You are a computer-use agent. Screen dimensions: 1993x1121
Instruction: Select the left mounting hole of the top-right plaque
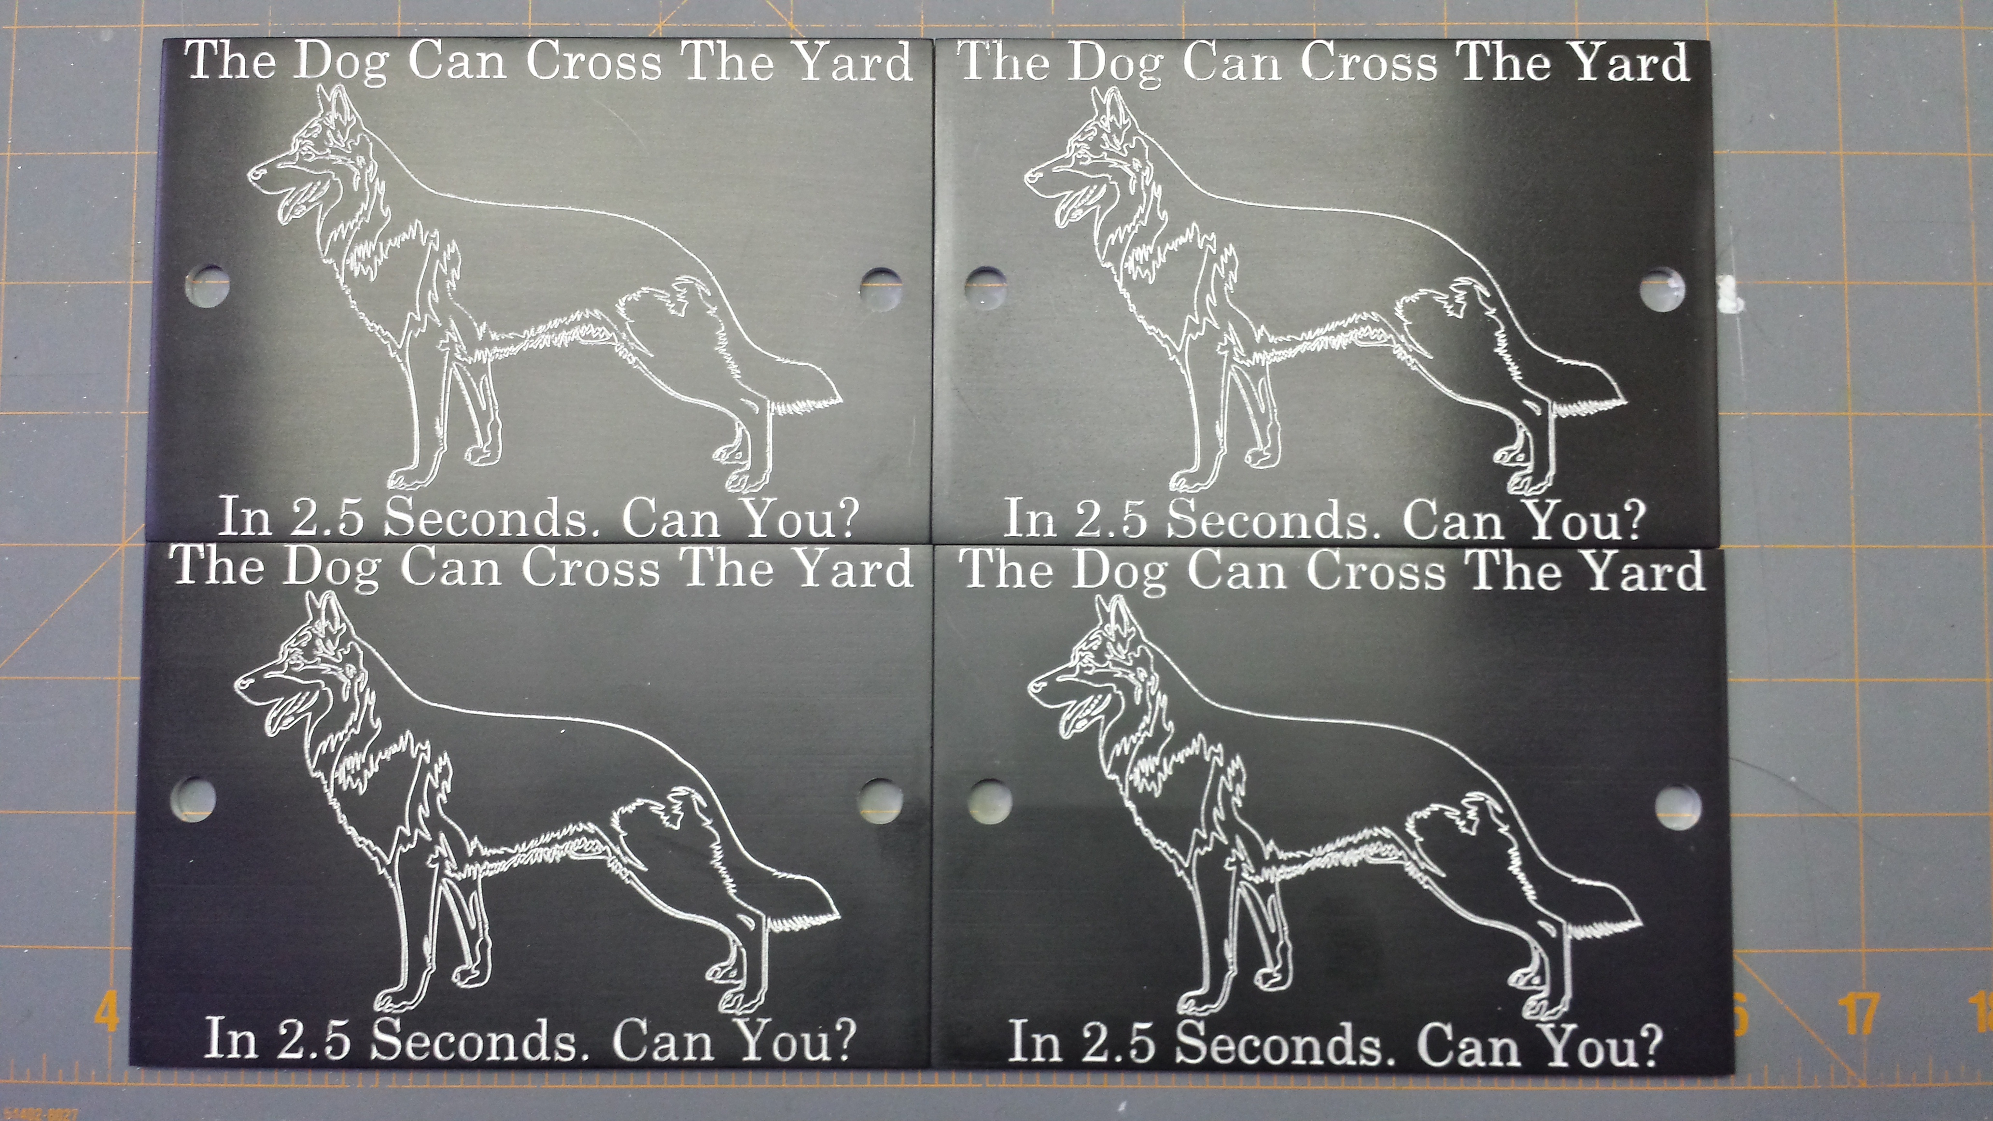click(x=986, y=288)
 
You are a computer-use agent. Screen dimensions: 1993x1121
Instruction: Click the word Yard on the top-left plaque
click(x=855, y=62)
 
